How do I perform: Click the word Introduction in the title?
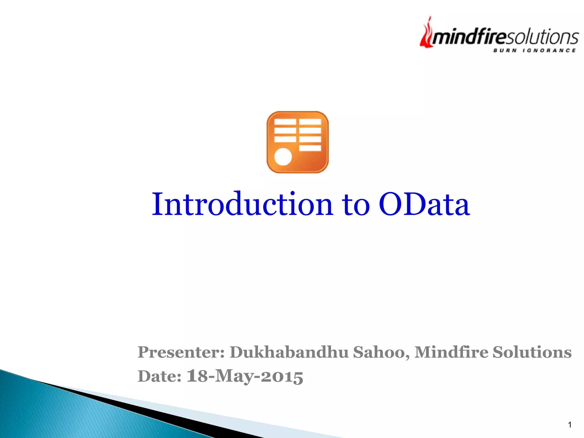click(x=242, y=204)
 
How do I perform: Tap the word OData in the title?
click(x=424, y=204)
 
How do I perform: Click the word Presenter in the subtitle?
click(x=181, y=352)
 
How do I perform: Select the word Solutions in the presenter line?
click(x=532, y=352)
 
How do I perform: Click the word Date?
click(x=159, y=376)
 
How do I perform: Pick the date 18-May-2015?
click(x=245, y=376)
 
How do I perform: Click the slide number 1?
click(x=569, y=425)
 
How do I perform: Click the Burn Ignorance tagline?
click(x=534, y=51)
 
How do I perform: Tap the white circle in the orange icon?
click(x=283, y=157)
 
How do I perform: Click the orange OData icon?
click(x=297, y=142)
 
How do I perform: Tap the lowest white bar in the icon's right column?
click(x=310, y=148)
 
